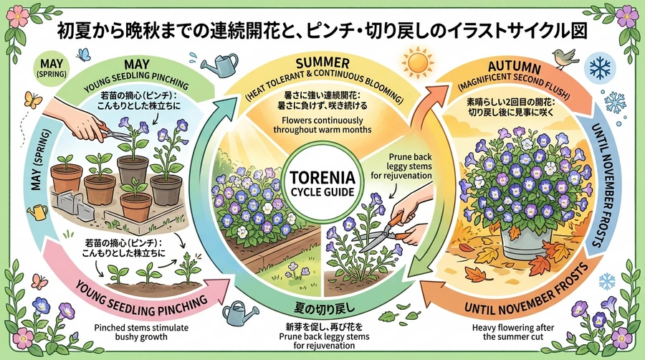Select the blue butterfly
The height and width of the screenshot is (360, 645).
[x=84, y=55]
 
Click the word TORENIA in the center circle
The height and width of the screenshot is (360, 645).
[x=322, y=178]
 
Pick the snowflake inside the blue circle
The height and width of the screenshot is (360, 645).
[x=600, y=68]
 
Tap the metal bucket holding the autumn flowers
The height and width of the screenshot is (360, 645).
[x=525, y=242]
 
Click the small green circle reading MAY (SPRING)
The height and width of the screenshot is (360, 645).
[x=52, y=67]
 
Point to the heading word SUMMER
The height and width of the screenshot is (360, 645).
[x=322, y=63]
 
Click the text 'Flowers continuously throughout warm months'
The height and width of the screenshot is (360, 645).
[x=322, y=125]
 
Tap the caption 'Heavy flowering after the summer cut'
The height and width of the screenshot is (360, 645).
[x=513, y=332]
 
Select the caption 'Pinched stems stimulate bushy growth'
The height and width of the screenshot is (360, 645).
[x=141, y=333]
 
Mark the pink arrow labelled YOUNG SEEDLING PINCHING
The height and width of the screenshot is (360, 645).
[x=135, y=296]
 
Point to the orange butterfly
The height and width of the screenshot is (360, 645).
[x=33, y=100]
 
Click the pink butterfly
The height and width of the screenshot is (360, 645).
[x=39, y=281]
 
